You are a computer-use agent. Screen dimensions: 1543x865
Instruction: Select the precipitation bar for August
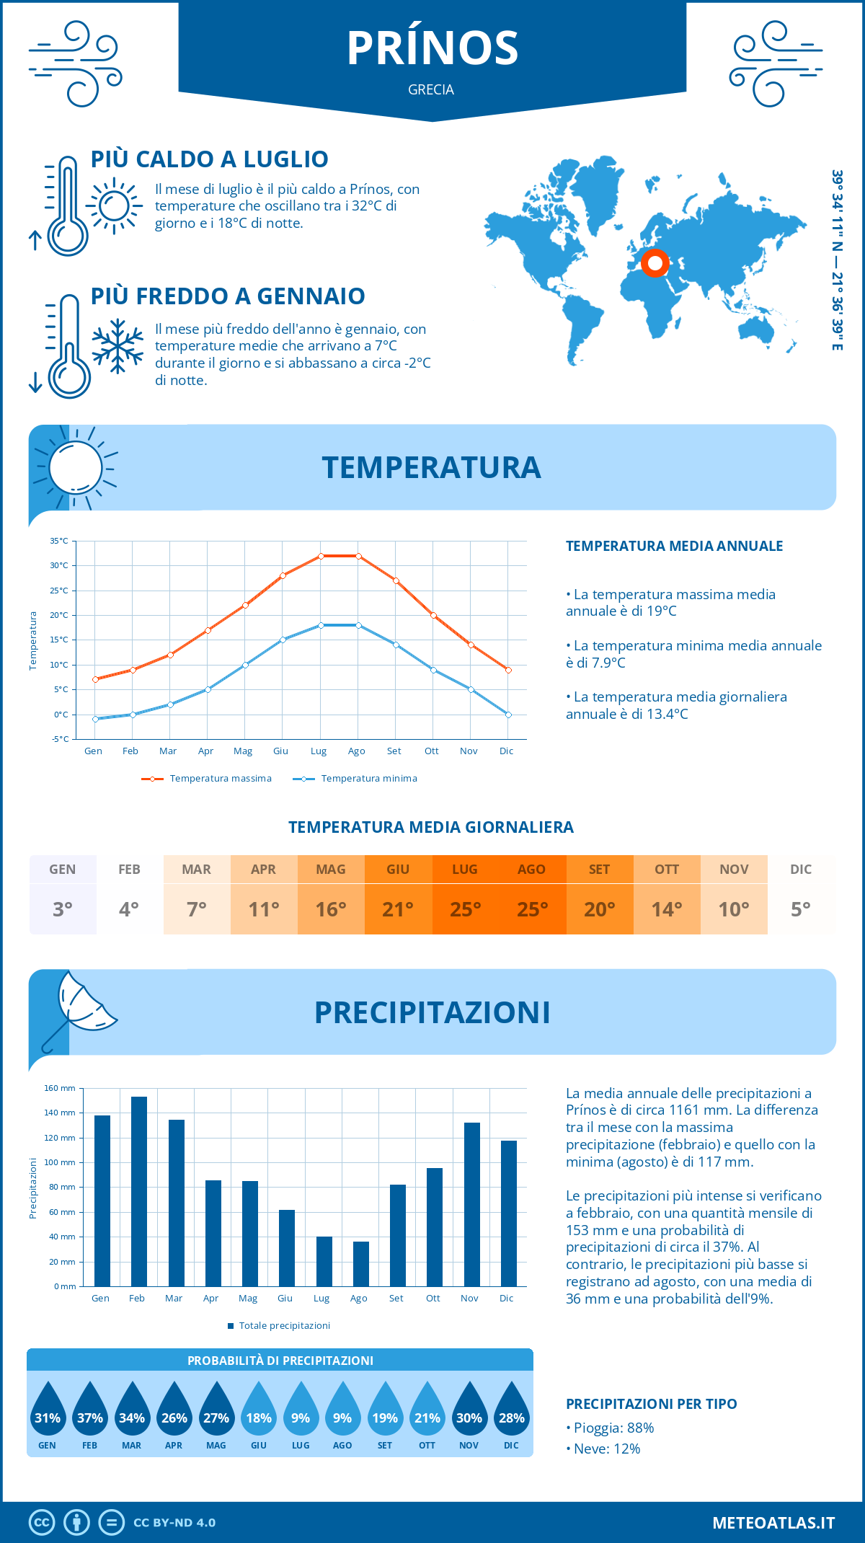pyautogui.click(x=361, y=1264)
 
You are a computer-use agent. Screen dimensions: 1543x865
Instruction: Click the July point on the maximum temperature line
pyautogui.click(x=321, y=556)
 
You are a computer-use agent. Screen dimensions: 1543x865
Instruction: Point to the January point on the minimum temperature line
pyautogui.click(x=95, y=719)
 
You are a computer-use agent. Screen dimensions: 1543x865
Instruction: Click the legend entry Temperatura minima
pyautogui.click(x=355, y=779)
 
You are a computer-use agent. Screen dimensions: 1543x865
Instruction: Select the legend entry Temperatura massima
pyautogui.click(x=207, y=779)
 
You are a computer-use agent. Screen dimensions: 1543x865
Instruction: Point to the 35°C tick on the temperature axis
pyautogui.click(x=59, y=541)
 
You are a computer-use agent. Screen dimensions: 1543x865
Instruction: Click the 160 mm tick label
pyautogui.click(x=60, y=1088)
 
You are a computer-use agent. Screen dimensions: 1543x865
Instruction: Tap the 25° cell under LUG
pyautogui.click(x=465, y=909)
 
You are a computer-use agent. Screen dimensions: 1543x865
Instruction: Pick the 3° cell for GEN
pyautogui.click(x=63, y=909)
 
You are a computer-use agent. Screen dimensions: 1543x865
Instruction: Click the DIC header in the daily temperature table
pyautogui.click(x=801, y=870)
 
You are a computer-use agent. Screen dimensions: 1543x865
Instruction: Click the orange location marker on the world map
pyautogui.click(x=655, y=263)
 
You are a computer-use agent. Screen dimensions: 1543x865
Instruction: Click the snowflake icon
pyautogui.click(x=117, y=346)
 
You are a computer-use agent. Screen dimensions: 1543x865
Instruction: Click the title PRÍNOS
pyautogui.click(x=432, y=49)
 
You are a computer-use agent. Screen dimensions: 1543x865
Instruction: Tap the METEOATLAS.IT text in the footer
pyautogui.click(x=773, y=1523)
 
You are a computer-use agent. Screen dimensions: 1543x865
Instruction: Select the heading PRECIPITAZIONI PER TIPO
pyautogui.click(x=651, y=1404)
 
